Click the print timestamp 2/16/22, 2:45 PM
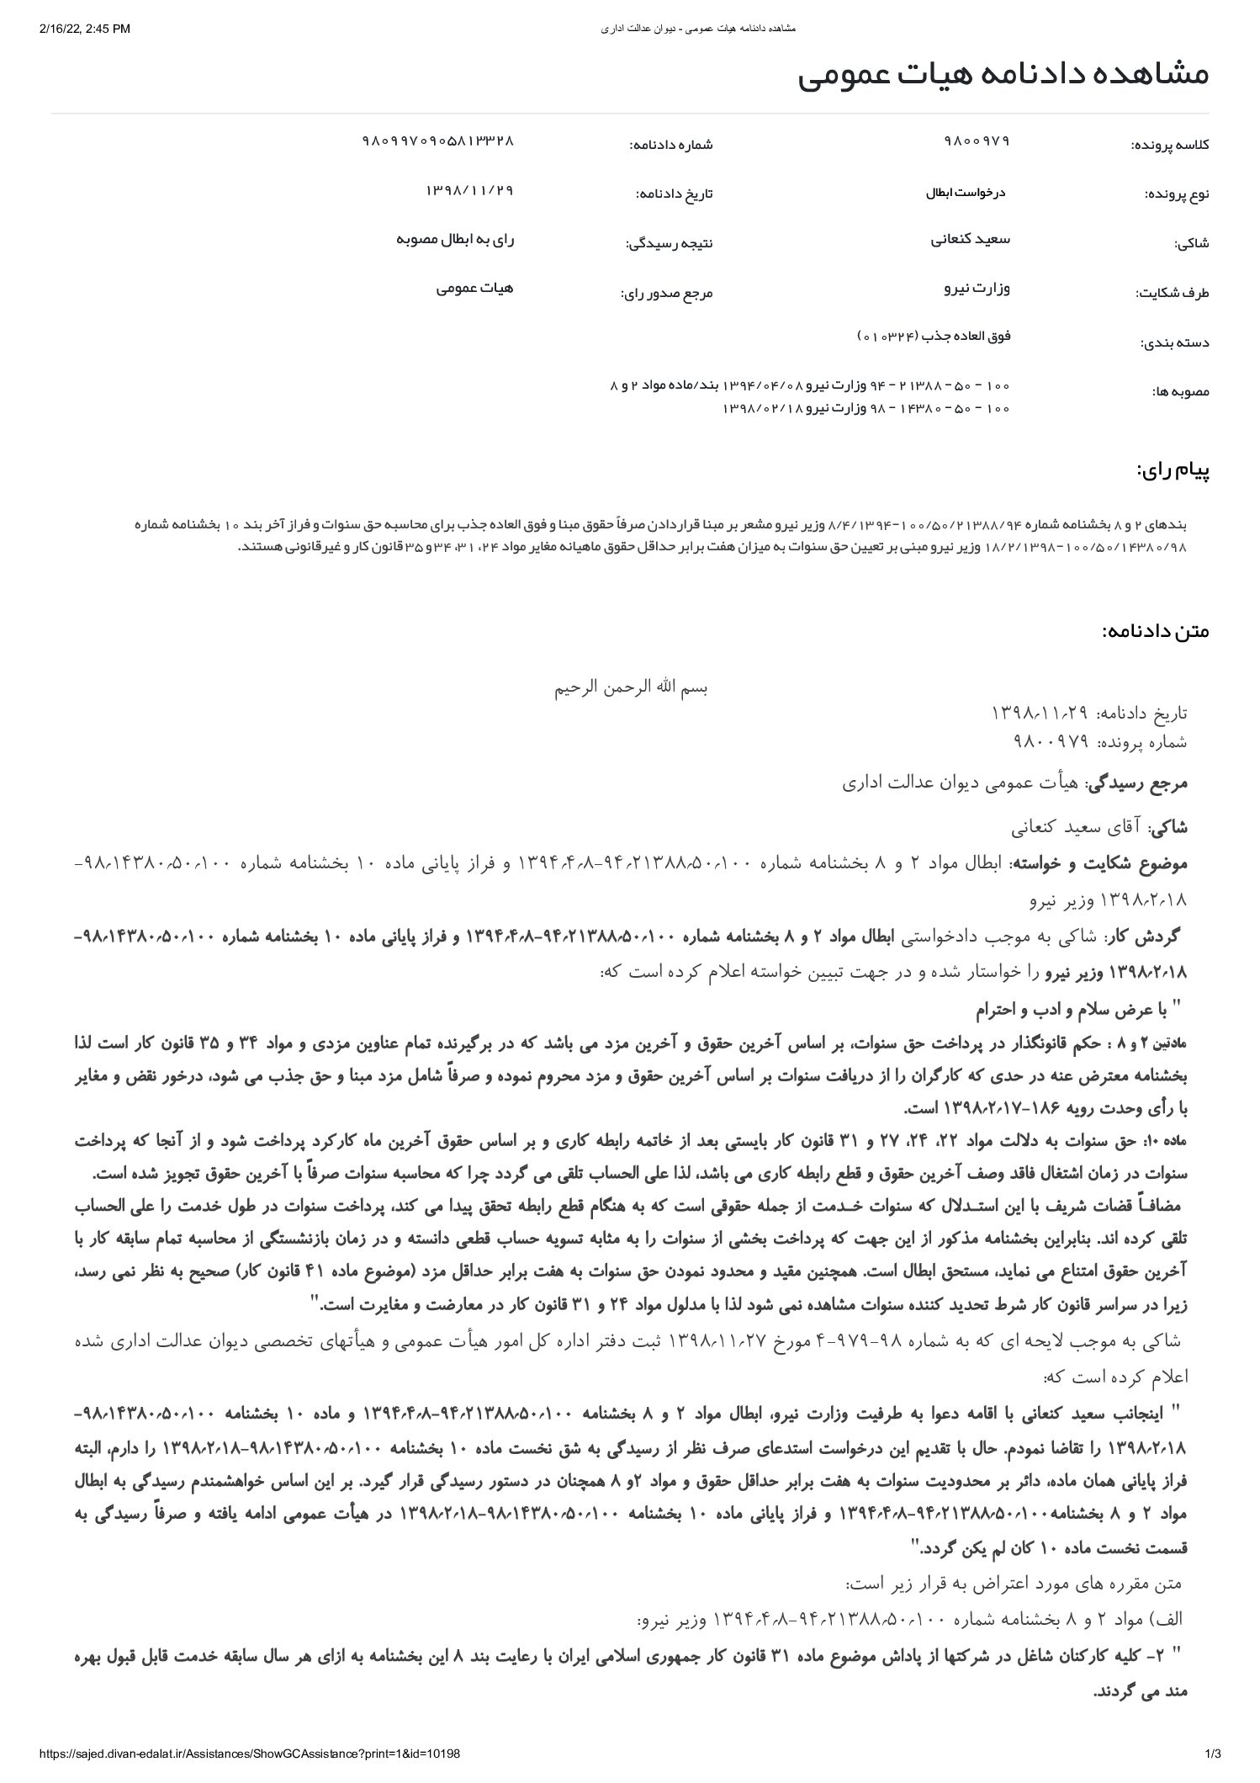(x=85, y=29)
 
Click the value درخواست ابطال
(x=966, y=192)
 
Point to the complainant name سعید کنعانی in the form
(x=970, y=239)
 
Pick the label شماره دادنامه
(x=670, y=145)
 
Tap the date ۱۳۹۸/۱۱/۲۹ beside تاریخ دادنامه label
(x=469, y=190)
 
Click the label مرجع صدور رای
(x=666, y=294)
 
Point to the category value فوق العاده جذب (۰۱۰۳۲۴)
(x=933, y=337)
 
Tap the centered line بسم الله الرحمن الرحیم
(x=631, y=687)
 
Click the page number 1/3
(x=1212, y=1754)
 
